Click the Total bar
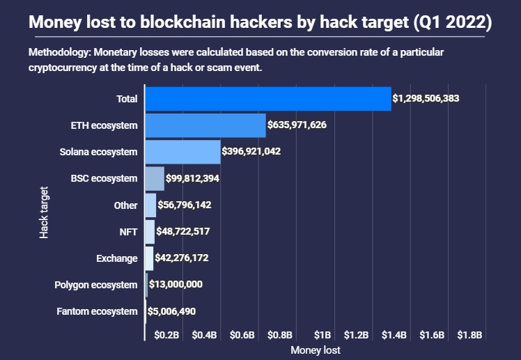267,98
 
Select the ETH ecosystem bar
205,125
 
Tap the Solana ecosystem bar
182,152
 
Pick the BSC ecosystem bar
155,178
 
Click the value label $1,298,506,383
426,99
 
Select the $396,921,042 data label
251,151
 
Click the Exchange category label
117,258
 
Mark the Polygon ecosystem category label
96,285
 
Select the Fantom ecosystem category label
97,311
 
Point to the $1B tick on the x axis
322,335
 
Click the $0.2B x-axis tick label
167,335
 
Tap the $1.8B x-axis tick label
469,335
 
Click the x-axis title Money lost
316,350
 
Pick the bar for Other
150,205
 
